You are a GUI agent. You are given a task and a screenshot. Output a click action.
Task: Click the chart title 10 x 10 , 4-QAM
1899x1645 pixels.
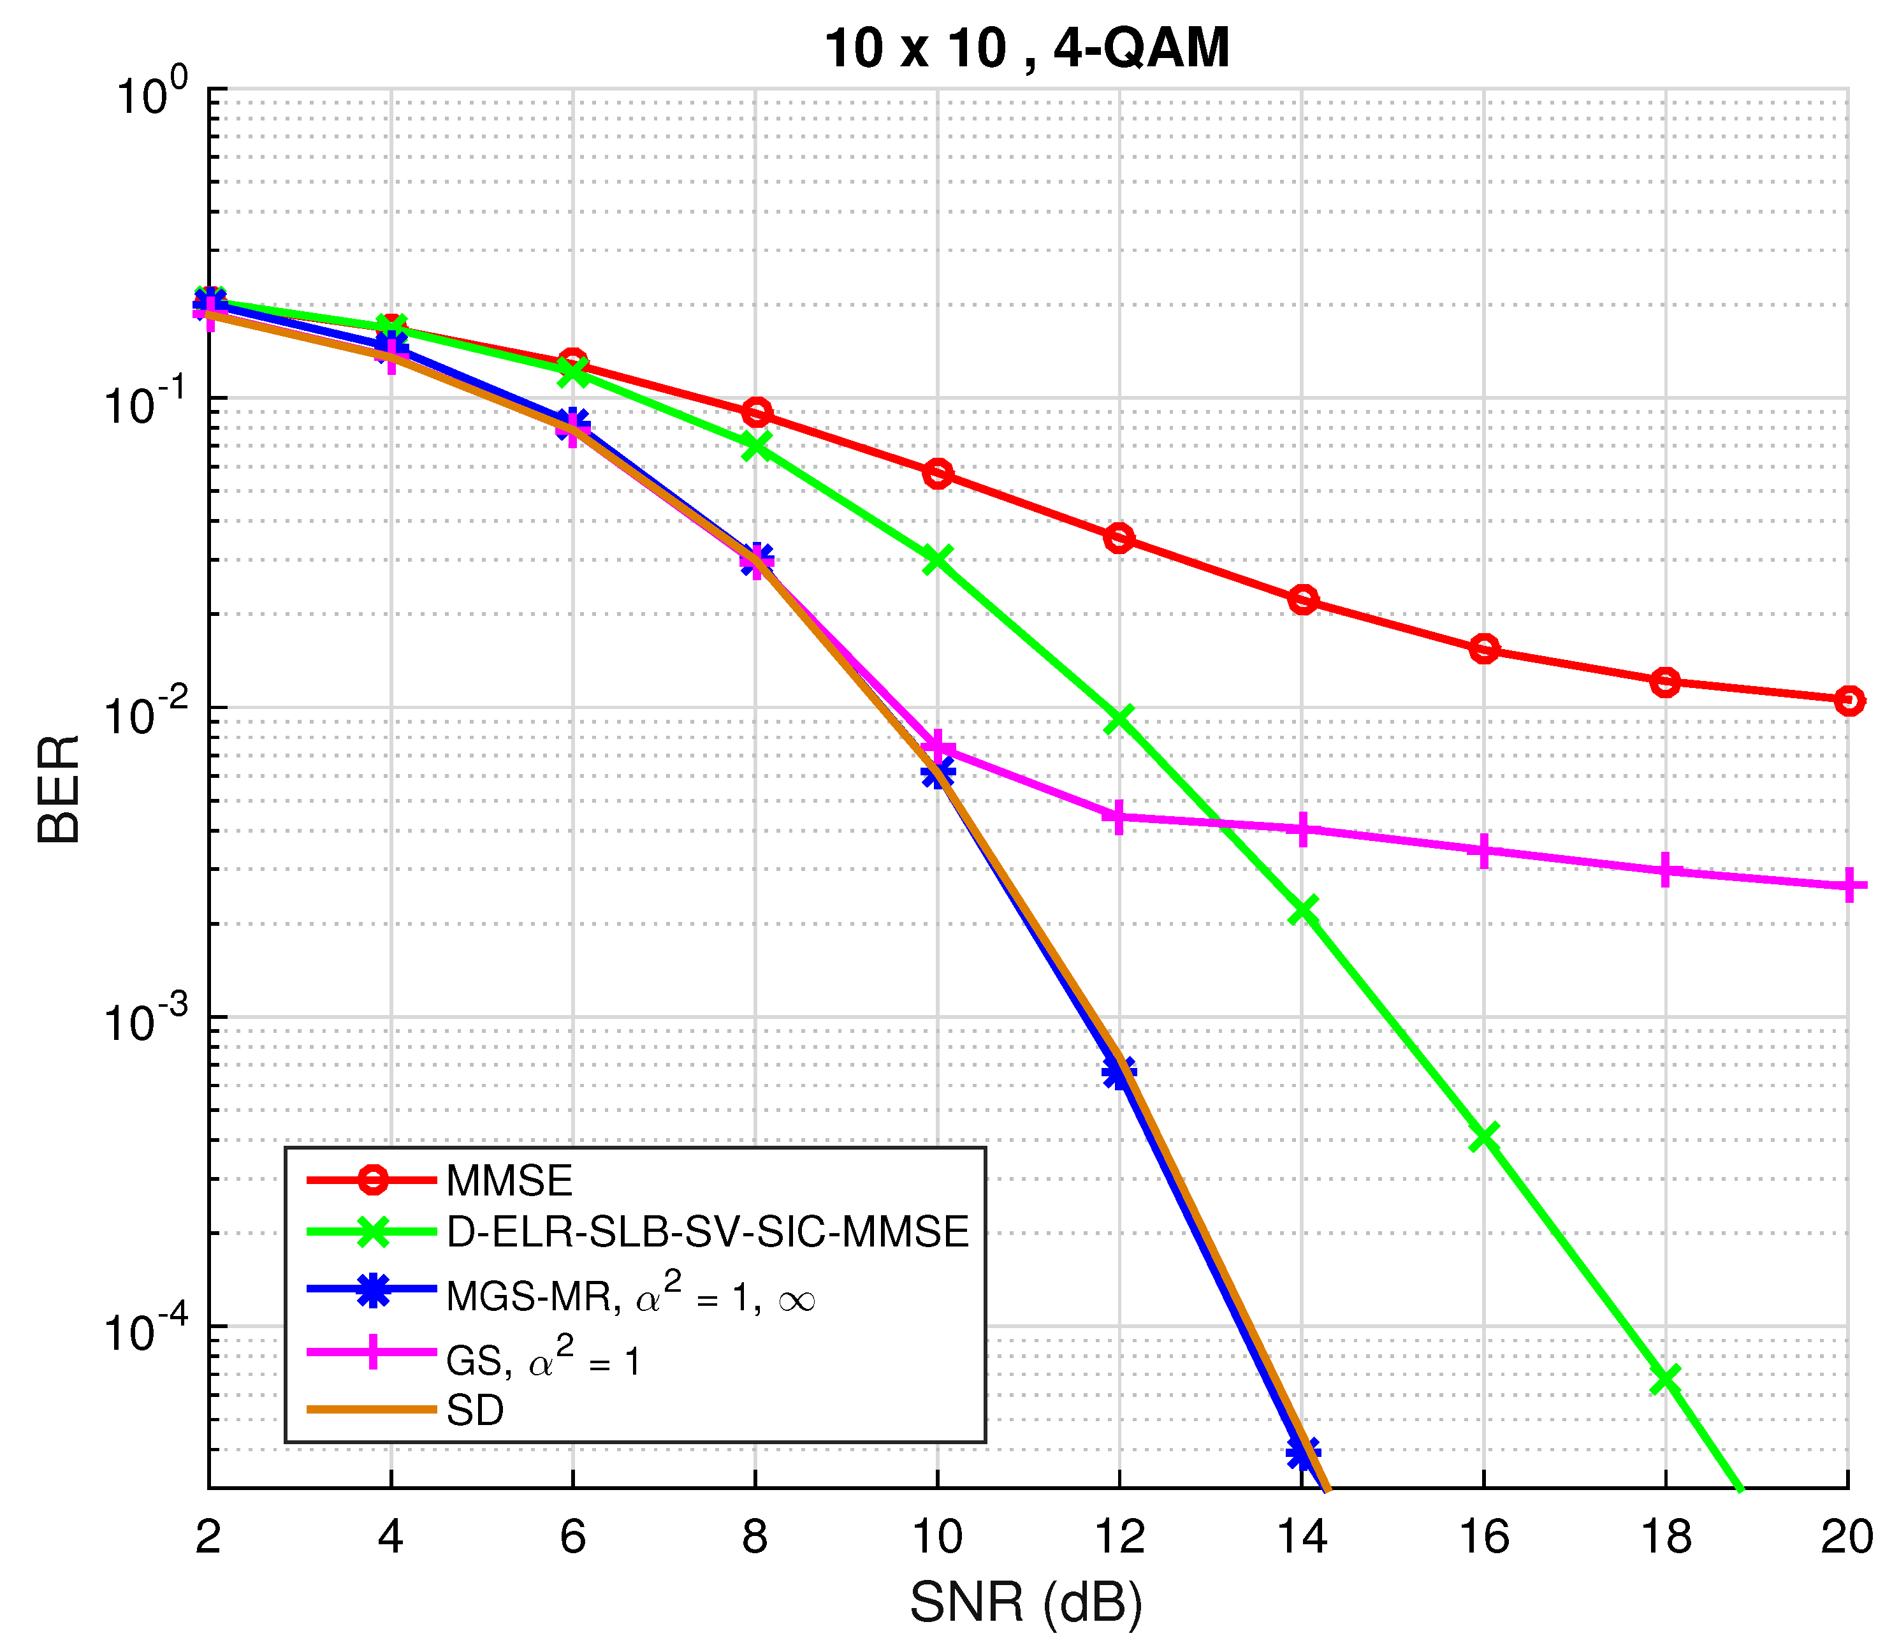click(1026, 48)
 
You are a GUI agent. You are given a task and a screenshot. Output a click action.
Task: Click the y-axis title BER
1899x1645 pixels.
click(60, 789)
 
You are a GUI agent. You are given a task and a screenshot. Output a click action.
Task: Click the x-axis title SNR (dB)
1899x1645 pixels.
click(1026, 1603)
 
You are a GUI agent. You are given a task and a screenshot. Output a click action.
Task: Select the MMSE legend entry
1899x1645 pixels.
click(509, 1180)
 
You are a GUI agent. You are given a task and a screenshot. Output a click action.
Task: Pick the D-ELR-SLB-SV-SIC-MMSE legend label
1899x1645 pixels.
click(707, 1232)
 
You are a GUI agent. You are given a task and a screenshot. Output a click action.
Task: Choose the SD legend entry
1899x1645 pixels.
click(474, 1410)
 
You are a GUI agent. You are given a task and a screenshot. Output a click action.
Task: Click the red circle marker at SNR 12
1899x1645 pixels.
click(1119, 538)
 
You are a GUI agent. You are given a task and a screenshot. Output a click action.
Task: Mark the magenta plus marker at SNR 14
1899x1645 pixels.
click(1302, 829)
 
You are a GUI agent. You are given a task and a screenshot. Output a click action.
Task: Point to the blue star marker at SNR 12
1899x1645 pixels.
click(1119, 1071)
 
